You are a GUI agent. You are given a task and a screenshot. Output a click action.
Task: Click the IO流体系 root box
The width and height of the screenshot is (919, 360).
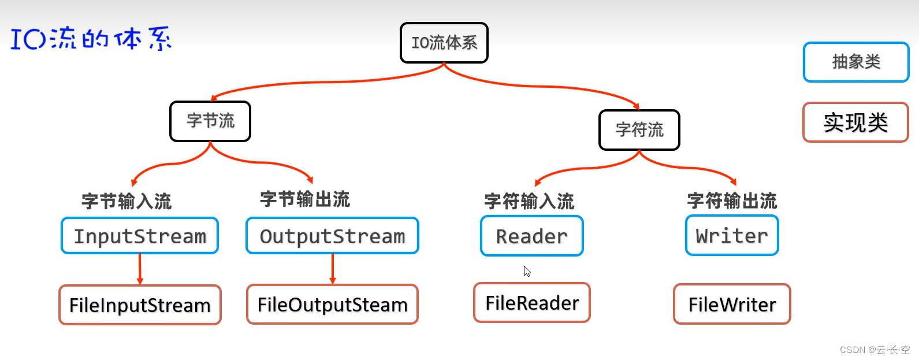pos(444,43)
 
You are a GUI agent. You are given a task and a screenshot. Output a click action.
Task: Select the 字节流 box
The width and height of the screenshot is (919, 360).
pos(210,121)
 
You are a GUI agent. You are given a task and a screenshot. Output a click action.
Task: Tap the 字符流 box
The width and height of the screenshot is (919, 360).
pos(639,130)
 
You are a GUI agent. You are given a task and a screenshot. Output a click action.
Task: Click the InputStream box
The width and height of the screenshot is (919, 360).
pos(140,236)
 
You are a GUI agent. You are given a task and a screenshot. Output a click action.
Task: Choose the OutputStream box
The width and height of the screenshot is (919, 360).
pos(332,236)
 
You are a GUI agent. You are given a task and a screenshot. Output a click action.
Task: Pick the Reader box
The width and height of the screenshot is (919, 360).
pos(532,236)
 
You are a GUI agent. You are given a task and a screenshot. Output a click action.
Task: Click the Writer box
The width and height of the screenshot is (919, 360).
pos(732,236)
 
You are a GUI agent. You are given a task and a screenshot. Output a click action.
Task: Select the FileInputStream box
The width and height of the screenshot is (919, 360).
pos(140,305)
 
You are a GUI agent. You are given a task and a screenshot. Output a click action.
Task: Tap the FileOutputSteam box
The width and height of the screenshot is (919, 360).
pos(332,305)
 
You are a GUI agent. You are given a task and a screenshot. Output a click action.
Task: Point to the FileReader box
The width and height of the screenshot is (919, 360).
pos(532,303)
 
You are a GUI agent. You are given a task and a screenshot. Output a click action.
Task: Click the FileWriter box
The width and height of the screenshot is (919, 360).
pos(732,305)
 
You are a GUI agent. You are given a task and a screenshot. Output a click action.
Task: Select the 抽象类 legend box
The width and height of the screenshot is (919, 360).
pos(856,62)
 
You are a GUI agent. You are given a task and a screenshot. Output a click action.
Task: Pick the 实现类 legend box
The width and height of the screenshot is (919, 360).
pos(855,123)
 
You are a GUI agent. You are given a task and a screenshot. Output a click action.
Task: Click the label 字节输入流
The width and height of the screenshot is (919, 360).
pos(126,201)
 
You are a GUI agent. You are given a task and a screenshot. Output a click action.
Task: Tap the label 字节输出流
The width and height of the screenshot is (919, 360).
pos(305,199)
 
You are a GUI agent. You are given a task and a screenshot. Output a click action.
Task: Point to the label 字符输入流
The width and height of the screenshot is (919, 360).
pos(529,201)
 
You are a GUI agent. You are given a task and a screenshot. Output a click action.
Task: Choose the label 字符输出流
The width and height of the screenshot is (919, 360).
pos(732,201)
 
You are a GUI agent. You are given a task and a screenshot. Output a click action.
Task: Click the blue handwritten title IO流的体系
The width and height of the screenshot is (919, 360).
pos(91,39)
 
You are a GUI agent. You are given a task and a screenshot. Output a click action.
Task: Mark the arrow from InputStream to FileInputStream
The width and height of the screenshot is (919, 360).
pos(140,269)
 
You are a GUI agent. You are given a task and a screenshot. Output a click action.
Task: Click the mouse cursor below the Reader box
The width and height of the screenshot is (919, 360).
pos(527,271)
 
